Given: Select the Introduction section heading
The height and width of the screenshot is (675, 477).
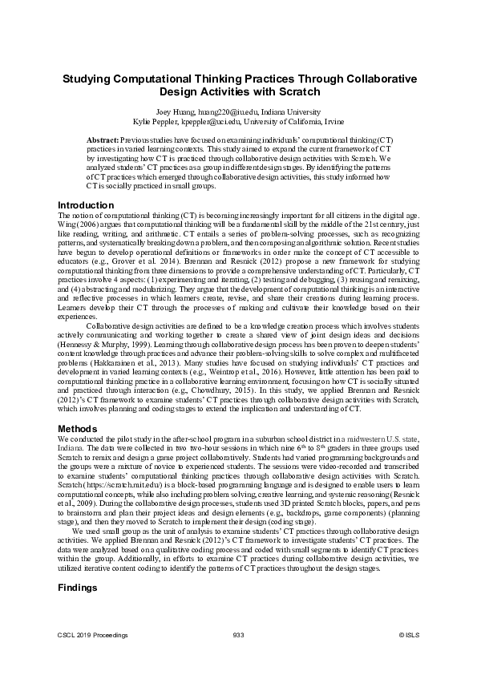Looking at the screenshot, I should [87, 205].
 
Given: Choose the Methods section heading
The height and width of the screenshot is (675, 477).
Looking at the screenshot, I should [79, 428].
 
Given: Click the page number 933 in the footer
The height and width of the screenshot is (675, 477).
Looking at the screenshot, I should [237, 635].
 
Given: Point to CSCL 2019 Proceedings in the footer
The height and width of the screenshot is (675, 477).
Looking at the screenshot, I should [93, 635].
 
